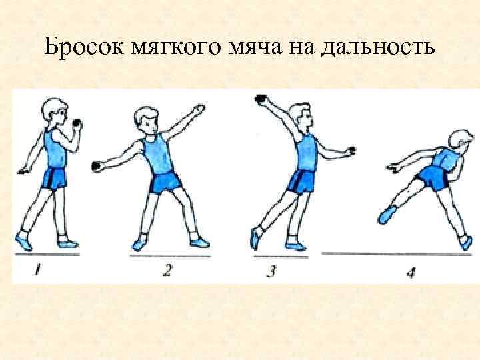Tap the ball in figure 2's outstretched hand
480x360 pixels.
pyautogui.click(x=95, y=163)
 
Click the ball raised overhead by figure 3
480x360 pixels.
pyautogui.click(x=261, y=101)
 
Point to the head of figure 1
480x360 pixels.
pyautogui.click(x=53, y=111)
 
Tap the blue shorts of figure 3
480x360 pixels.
pyautogui.click(x=302, y=181)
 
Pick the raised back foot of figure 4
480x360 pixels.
pyautogui.click(x=387, y=214)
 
